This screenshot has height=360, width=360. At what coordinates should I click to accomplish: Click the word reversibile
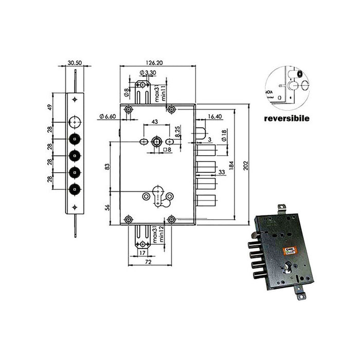(x=286, y=118)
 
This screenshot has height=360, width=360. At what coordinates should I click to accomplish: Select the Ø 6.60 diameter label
(x=106, y=117)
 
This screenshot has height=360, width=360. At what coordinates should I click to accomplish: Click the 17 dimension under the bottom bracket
(x=142, y=253)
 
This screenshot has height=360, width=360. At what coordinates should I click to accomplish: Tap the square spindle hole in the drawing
(x=157, y=141)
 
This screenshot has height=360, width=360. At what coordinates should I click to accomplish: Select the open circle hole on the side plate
(x=75, y=122)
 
